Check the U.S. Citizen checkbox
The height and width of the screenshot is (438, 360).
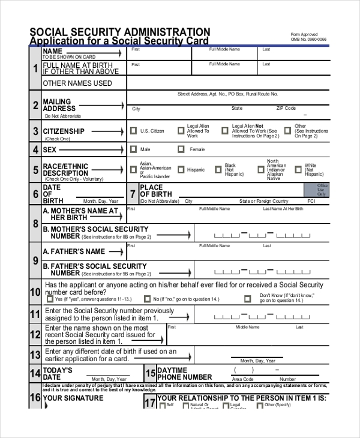pyautogui.click(x=133, y=131)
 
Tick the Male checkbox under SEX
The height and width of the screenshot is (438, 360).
pyautogui.click(x=133, y=149)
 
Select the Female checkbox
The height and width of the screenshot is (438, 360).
pyautogui.click(x=181, y=149)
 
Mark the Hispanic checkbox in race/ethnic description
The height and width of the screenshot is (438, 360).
pyautogui.click(x=179, y=170)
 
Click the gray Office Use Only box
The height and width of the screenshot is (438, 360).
pyautogui.click(x=322, y=190)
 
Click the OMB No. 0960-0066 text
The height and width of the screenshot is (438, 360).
pyautogui.click(x=308, y=40)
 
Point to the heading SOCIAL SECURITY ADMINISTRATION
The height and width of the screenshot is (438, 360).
pyautogui.click(x=120, y=32)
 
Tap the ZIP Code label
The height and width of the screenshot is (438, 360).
pyautogui.click(x=286, y=109)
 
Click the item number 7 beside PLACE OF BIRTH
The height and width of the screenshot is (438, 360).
pyautogui.click(x=133, y=194)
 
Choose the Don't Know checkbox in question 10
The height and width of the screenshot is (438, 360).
pyautogui.click(x=248, y=299)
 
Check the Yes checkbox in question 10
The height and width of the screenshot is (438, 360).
pyautogui.click(x=50, y=299)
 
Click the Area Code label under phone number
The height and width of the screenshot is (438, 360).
pyautogui.click(x=242, y=379)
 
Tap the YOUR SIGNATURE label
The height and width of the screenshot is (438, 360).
pyautogui.click(x=73, y=398)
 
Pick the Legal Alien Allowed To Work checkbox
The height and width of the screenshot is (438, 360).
pyautogui.click(x=181, y=131)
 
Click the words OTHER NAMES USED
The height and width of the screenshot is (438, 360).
pyautogui.click(x=77, y=83)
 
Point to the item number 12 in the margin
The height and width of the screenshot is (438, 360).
pyautogui.click(x=35, y=334)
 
